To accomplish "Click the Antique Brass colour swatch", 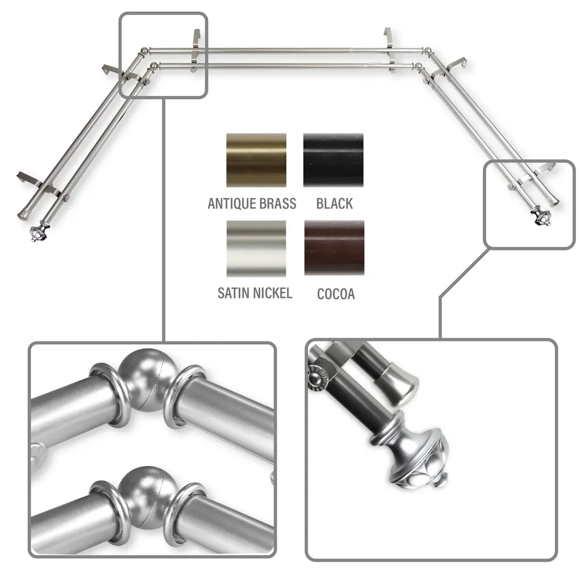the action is pyautogui.click(x=256, y=160).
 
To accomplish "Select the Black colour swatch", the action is pyautogui.click(x=334, y=160).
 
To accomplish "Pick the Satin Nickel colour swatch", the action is pyautogui.click(x=256, y=249).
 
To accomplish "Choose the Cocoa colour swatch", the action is pyautogui.click(x=334, y=248).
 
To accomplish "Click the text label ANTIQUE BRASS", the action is pyautogui.click(x=252, y=204).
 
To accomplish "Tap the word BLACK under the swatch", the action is pyautogui.click(x=335, y=204).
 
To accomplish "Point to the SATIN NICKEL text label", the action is pyautogui.click(x=255, y=293).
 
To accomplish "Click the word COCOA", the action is pyautogui.click(x=336, y=294).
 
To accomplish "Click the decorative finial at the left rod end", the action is pyautogui.click(x=38, y=232).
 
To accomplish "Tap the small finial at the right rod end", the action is pyautogui.click(x=541, y=216).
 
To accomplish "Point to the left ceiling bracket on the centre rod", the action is pyautogui.click(x=195, y=50).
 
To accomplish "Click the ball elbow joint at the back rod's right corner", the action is pyautogui.click(x=427, y=50).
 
